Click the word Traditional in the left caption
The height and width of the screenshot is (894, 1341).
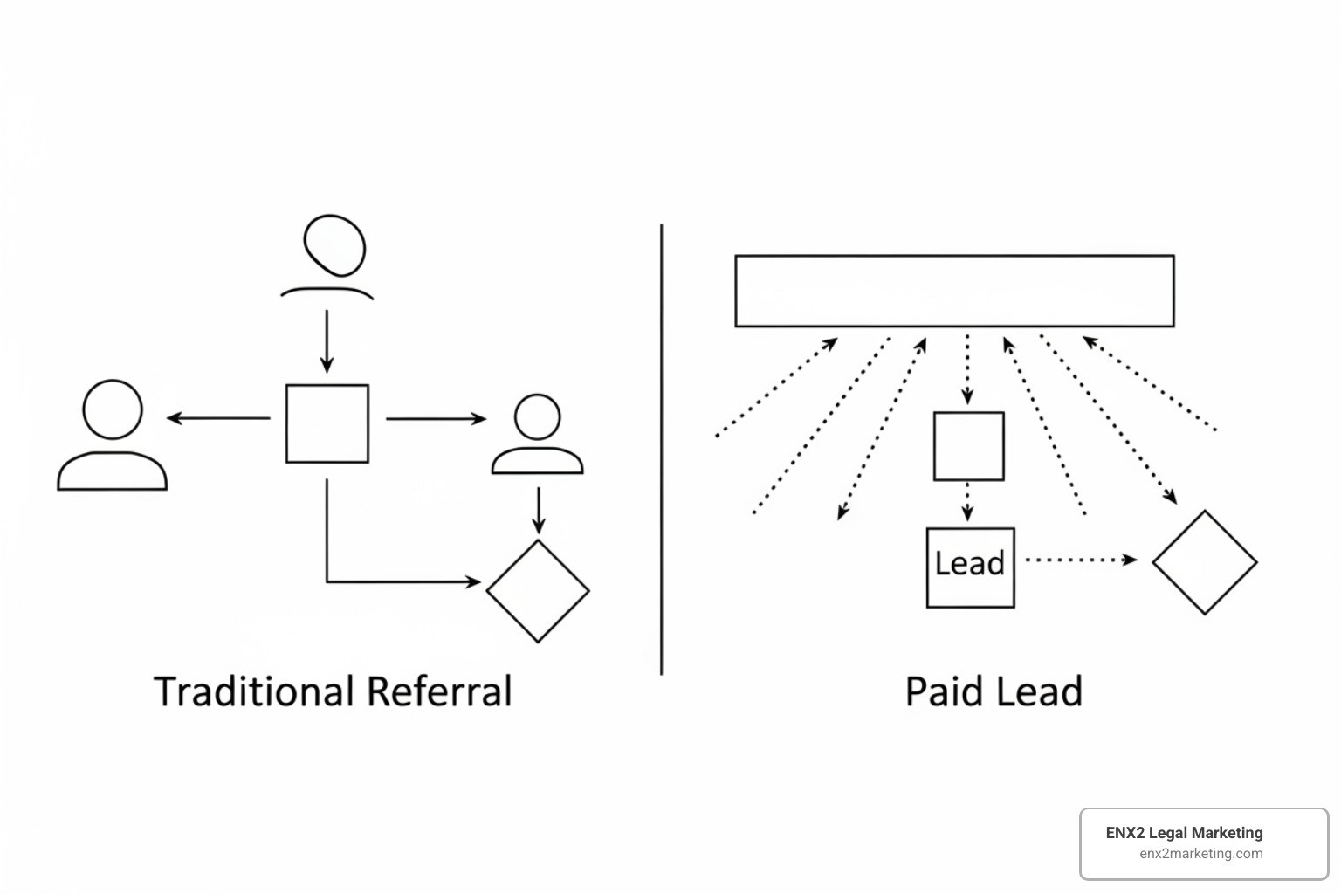coord(256,691)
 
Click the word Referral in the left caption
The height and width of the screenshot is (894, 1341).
coord(439,691)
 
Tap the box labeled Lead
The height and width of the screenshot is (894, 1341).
coord(970,567)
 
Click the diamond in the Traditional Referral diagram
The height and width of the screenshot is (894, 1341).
coord(538,591)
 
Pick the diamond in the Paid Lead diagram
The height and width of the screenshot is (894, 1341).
coord(1205,562)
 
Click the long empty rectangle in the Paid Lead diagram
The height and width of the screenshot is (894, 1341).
coord(954,291)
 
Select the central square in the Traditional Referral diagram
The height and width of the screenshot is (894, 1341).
coord(327,423)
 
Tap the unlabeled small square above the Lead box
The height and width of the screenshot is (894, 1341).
coord(968,446)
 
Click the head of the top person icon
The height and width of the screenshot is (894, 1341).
coord(334,244)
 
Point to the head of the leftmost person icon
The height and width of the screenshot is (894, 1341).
coord(113,409)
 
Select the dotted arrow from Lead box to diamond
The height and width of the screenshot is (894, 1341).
coord(1080,560)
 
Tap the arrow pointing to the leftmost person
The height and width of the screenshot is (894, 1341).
coord(218,418)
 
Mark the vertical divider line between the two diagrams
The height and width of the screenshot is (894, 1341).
coord(661,450)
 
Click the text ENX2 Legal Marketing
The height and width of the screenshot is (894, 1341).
coord(1184,833)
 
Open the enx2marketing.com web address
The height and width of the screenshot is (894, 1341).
coord(1200,854)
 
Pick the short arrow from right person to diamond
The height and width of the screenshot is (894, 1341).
coord(539,511)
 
